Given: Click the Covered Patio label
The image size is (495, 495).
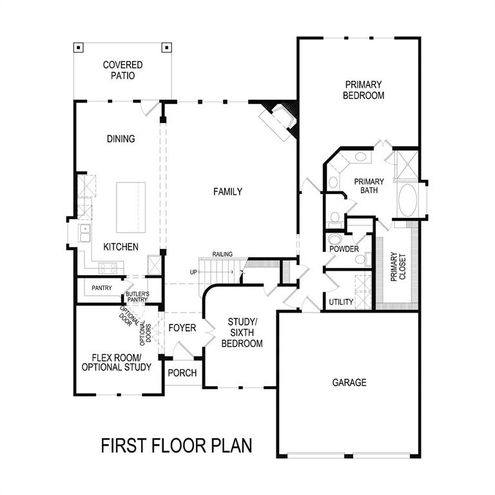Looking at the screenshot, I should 122,70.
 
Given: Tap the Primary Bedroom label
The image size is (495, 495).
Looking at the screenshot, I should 364,90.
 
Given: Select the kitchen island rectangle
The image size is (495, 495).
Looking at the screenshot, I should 131,207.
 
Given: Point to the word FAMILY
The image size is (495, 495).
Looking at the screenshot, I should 228,191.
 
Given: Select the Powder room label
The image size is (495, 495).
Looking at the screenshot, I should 344,249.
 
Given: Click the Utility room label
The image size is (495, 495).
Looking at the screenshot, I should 340,302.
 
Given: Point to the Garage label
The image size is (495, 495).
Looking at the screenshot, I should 349,382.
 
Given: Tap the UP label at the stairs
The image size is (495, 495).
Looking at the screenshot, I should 193,272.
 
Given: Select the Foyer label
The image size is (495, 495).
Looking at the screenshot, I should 182,328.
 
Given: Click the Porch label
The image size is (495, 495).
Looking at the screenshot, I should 182,373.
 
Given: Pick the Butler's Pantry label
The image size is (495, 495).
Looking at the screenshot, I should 137,296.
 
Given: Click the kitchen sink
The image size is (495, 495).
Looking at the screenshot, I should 84,232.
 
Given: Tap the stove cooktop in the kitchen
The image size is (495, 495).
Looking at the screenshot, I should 107,267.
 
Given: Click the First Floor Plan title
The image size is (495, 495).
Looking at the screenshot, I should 176,445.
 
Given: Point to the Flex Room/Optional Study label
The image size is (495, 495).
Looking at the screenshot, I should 117,362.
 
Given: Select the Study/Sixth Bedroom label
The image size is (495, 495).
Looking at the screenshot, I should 242,333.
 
